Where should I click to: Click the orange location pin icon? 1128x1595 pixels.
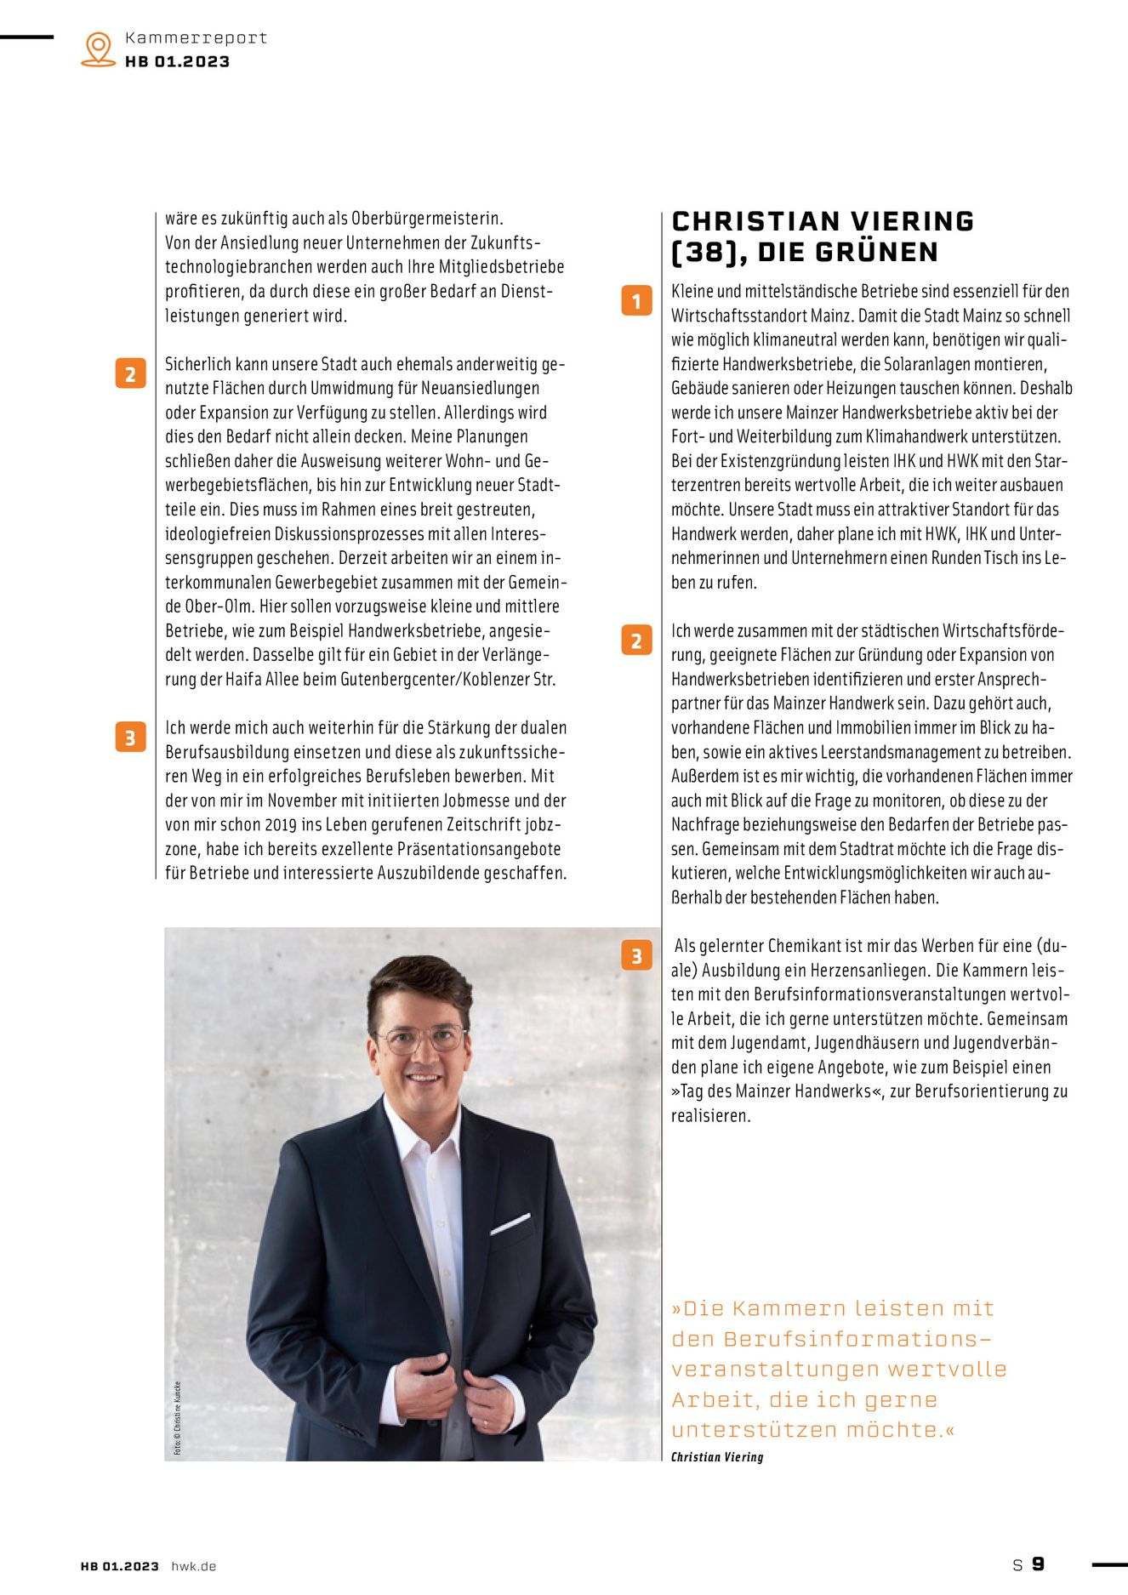[x=99, y=48]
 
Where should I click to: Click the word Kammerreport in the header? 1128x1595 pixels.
[x=196, y=37]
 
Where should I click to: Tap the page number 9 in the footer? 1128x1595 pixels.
[x=1038, y=1564]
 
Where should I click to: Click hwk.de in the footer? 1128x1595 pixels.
[x=194, y=1566]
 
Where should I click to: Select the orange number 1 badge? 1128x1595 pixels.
[x=636, y=300]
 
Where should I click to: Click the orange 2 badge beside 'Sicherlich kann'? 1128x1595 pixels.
[x=130, y=374]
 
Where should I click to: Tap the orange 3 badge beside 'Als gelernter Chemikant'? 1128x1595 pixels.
[x=636, y=956]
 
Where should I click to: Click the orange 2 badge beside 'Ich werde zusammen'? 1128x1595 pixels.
[x=636, y=640]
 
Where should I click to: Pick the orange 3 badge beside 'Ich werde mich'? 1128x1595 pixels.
[x=130, y=738]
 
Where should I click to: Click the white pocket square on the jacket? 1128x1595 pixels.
[x=510, y=1224]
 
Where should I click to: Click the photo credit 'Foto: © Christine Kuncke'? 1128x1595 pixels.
[x=178, y=1417]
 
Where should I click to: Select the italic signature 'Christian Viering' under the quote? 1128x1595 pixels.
[x=717, y=1457]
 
